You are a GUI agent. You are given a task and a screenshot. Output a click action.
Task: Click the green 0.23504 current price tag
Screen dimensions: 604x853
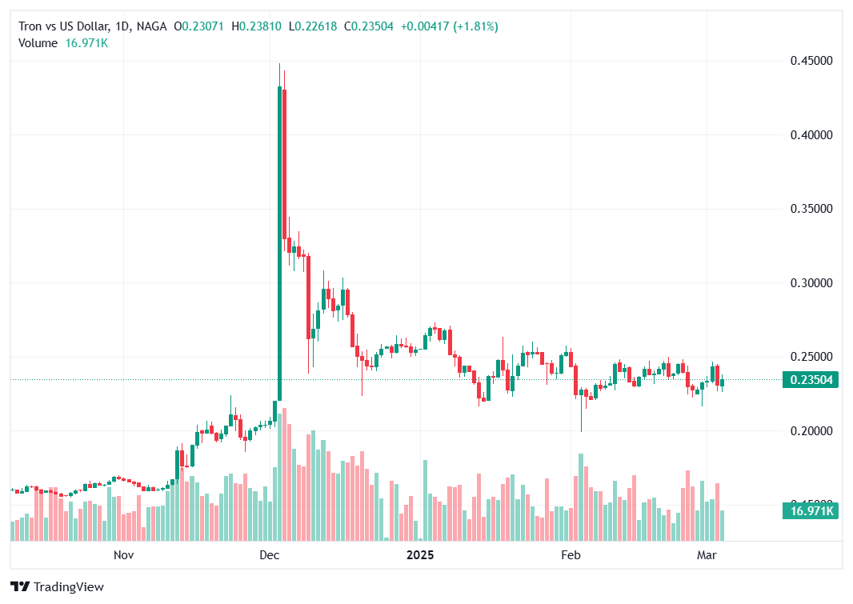tap(811, 380)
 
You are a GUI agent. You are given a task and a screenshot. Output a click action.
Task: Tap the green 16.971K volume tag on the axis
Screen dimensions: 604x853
tap(811, 511)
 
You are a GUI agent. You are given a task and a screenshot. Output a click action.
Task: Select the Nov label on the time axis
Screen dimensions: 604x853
tap(122, 554)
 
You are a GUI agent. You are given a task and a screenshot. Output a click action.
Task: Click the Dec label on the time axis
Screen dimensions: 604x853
tap(270, 554)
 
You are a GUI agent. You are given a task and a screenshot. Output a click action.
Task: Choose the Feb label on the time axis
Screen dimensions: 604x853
tap(570, 554)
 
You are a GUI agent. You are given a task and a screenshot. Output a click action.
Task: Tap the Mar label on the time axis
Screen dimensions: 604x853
tap(707, 554)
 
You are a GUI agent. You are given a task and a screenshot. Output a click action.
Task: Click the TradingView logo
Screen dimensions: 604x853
tap(58, 587)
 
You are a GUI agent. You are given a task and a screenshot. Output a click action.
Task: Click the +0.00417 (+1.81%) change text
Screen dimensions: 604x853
tap(449, 26)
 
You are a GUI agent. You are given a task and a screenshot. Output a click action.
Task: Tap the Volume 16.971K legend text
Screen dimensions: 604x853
tap(63, 43)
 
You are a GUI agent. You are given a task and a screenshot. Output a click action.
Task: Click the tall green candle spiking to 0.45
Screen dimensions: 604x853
tap(279, 240)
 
